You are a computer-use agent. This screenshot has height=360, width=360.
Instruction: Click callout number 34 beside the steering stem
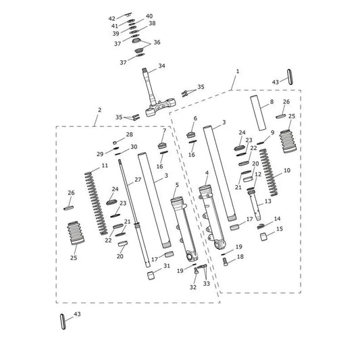tap(161, 66)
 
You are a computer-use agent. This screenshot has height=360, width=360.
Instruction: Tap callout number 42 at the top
tap(112, 18)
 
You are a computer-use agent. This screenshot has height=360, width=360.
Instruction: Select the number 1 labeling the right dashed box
tap(238, 72)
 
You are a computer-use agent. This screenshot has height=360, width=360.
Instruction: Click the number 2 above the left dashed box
tap(99, 110)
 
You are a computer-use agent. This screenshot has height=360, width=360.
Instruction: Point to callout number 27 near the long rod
tap(138, 180)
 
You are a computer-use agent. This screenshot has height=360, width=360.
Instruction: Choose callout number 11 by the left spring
tap(105, 165)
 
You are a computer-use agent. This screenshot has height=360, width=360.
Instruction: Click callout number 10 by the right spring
tap(287, 170)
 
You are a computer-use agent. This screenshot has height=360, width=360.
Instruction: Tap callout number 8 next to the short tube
tap(272, 101)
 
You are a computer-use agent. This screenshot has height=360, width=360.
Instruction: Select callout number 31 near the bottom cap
tap(167, 265)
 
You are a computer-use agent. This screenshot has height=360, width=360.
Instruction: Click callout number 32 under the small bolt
tap(193, 287)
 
